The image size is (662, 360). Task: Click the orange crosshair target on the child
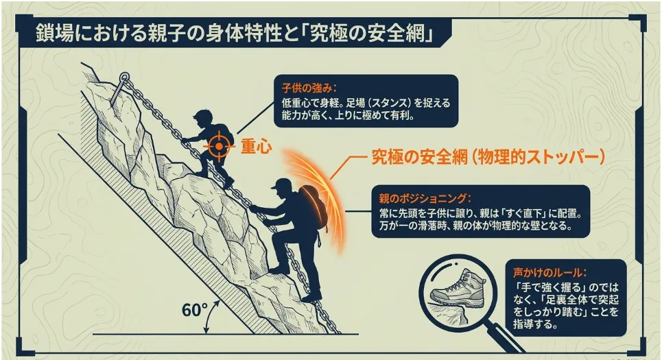219,146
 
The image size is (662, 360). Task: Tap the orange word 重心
256,147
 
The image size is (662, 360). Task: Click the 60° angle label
195,310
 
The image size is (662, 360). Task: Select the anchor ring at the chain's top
123,77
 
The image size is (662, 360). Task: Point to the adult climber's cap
281,184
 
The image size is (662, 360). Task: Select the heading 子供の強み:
309,88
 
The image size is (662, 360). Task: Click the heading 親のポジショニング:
425,198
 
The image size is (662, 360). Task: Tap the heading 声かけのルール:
550,272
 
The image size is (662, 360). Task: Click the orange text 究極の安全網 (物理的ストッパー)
488,157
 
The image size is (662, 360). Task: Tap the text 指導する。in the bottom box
535,324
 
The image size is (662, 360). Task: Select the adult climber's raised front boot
279,269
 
